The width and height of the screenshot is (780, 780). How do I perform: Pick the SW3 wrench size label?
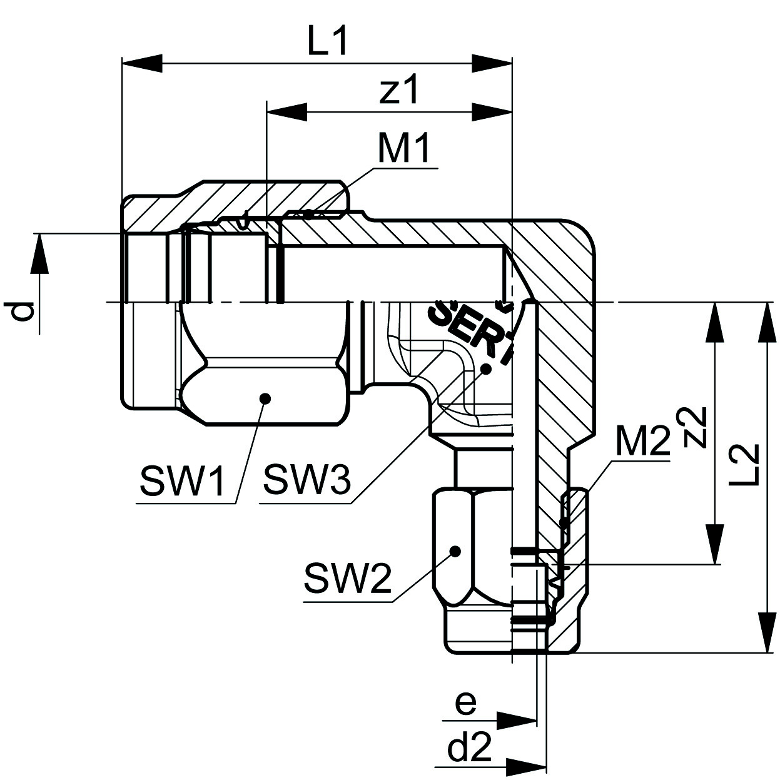306,480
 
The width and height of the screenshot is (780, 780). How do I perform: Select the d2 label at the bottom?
470,748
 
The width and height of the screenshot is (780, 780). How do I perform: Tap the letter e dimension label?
465,704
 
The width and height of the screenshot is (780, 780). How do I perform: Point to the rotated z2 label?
694,428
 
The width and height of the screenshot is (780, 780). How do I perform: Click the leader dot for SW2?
455,551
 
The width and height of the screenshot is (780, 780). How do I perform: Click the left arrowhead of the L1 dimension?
141,63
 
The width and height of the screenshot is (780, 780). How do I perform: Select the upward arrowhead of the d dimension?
39,254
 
